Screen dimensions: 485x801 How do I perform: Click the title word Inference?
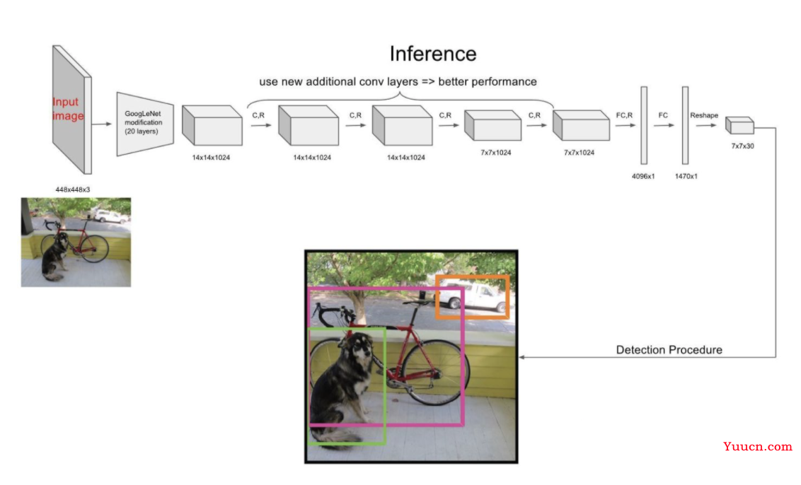(x=433, y=54)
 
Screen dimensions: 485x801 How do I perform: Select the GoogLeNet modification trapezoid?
(x=145, y=123)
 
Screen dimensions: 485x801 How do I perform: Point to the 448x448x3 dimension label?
(x=74, y=190)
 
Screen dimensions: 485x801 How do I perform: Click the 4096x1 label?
(x=643, y=176)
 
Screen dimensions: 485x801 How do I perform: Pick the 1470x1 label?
(x=685, y=176)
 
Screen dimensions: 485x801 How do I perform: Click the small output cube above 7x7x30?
(x=739, y=125)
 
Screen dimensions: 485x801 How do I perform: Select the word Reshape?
(x=703, y=115)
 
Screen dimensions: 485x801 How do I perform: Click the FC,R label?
(x=624, y=115)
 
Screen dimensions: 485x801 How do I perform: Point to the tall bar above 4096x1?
(x=644, y=125)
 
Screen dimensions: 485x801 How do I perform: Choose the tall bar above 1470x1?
(x=685, y=125)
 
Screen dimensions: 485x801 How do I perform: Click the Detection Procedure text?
(x=669, y=350)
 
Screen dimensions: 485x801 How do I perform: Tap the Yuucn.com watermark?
(x=758, y=447)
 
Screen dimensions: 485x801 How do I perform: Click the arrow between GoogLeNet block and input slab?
(x=103, y=124)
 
